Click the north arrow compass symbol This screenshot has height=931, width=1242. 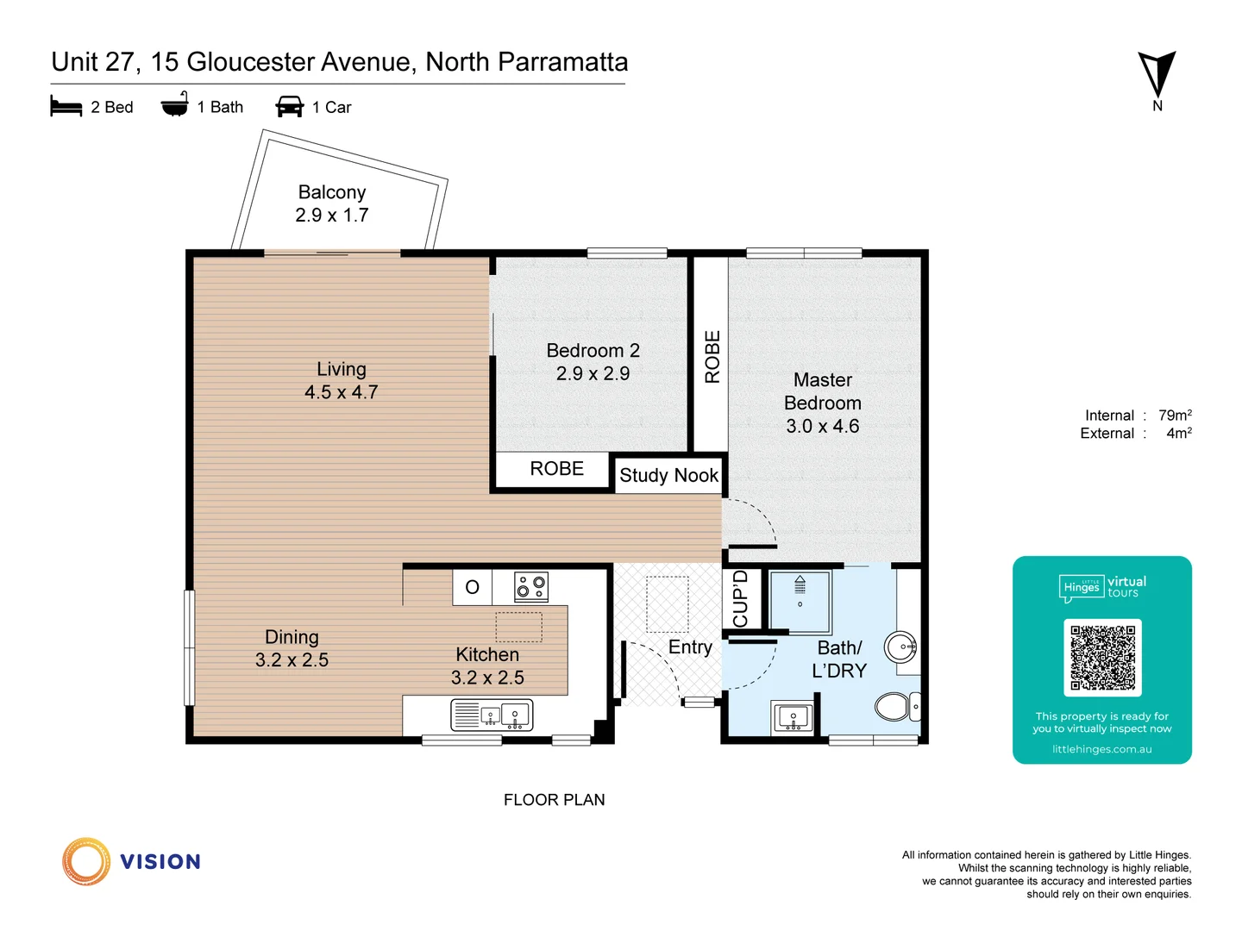click(x=1157, y=74)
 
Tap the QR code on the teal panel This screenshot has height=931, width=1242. click(x=1102, y=657)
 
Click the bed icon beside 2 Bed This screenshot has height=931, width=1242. click(x=66, y=107)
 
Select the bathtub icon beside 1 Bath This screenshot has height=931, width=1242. click(x=175, y=105)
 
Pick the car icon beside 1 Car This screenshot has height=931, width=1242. click(x=290, y=107)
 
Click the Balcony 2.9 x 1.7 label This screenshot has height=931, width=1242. click(x=332, y=204)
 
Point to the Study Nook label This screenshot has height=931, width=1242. click(x=668, y=476)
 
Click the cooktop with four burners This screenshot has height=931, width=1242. click(x=531, y=587)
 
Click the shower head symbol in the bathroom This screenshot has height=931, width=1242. click(x=800, y=585)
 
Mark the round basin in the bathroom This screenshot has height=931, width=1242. click(x=901, y=647)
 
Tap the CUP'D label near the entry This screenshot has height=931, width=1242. click(x=740, y=598)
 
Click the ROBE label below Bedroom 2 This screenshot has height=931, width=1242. click(x=556, y=469)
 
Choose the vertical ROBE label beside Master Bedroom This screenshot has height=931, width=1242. click(x=712, y=356)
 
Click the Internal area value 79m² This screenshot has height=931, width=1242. click(x=1175, y=416)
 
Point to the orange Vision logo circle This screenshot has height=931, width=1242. click(x=86, y=861)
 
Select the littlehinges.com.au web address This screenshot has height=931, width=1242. click(x=1101, y=749)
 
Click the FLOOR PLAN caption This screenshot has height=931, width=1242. click(x=554, y=800)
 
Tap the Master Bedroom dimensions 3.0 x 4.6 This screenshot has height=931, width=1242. click(x=822, y=426)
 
